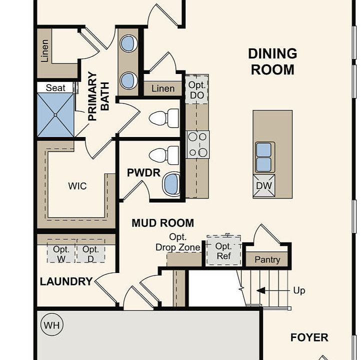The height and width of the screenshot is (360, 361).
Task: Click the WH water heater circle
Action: coord(52,325)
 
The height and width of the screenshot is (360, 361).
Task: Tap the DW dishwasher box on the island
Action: coord(264,186)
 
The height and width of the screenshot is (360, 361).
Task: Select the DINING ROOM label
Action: coord(272,61)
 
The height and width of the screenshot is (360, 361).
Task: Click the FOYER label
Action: coord(309,337)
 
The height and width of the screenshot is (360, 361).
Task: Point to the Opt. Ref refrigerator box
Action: coord(223,250)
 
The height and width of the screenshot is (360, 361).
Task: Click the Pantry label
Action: coord(267,260)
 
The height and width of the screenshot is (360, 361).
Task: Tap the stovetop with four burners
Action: coord(197,144)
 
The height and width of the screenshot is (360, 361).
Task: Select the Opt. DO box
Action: coord(197,89)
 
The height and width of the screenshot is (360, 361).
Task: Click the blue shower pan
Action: coord(55,115)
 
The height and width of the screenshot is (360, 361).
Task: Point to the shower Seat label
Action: coord(55,88)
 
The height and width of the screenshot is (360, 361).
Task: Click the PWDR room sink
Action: coord(171,184)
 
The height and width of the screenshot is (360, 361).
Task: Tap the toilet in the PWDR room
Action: coord(163,155)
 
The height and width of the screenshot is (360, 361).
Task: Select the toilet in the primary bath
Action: coord(163,118)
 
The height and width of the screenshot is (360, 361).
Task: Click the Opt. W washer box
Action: coord(61,251)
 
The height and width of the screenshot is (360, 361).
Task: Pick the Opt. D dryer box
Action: coord(90,251)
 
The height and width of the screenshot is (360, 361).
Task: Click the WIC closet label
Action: coord(77,186)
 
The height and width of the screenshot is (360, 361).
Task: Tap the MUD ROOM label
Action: coord(163,223)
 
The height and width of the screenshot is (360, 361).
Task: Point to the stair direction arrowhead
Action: coord(261,290)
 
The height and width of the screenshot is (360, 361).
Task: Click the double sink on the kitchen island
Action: coord(264,157)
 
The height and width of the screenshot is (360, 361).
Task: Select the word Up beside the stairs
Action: coord(299,290)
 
